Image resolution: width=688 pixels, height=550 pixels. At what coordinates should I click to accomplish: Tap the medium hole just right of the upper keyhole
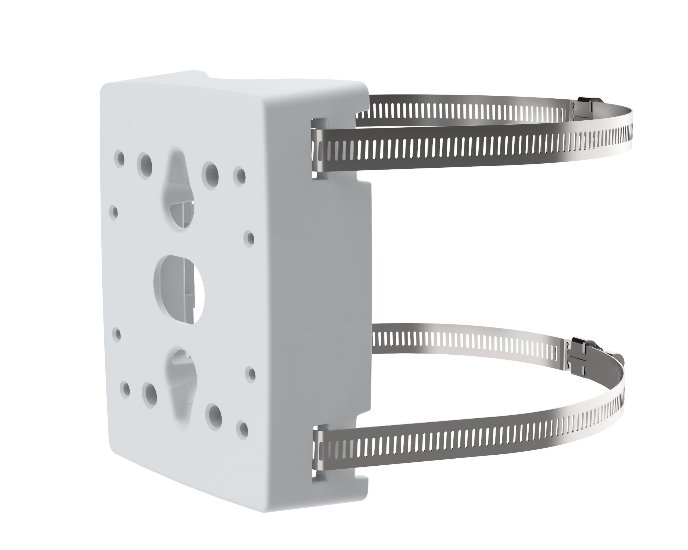(x=211, y=176)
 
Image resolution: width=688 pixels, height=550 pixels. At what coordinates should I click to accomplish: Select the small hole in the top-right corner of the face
(x=240, y=175)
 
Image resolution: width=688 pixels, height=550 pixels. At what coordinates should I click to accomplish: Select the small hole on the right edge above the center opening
(x=250, y=238)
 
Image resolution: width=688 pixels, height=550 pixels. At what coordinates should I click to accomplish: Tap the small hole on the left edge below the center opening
(x=117, y=334)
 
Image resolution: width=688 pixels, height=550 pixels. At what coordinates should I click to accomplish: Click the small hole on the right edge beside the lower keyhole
(x=251, y=374)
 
